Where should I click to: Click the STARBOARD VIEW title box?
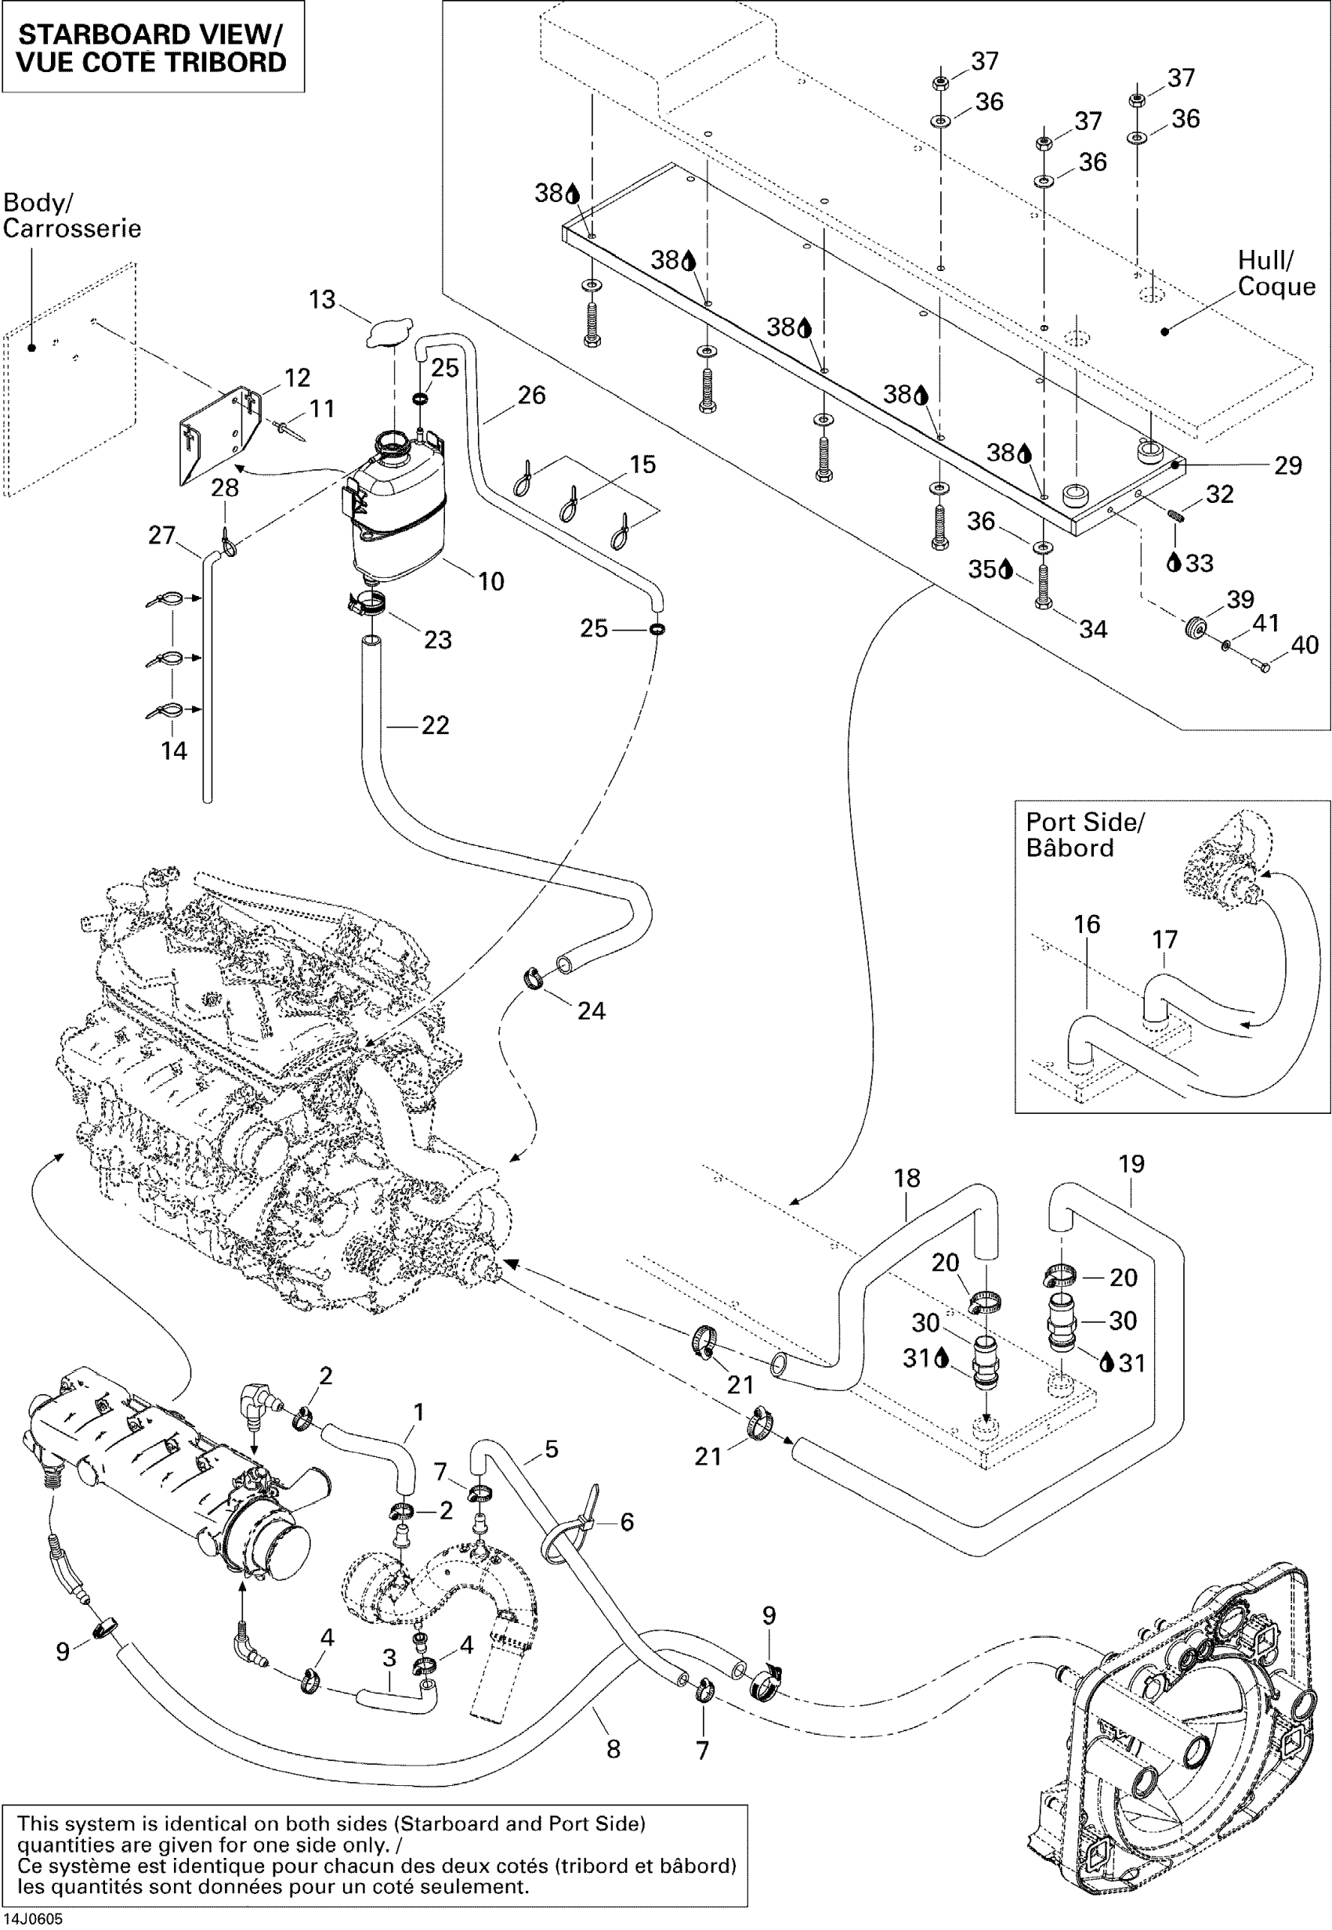click(152, 48)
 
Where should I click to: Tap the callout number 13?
click(322, 299)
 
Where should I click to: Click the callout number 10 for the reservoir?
click(490, 582)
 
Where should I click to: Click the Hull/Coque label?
click(1276, 273)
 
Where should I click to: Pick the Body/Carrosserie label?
click(72, 215)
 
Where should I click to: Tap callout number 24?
click(591, 1010)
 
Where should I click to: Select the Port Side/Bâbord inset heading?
click(1084, 835)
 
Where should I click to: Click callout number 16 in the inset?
click(1087, 923)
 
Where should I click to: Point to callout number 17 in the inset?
click(1164, 940)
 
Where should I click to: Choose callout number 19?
click(1131, 1164)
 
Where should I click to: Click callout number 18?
click(907, 1178)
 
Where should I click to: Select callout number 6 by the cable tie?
click(627, 1522)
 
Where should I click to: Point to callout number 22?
click(435, 725)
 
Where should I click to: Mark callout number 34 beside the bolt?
click(1092, 629)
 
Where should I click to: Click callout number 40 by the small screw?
click(1305, 645)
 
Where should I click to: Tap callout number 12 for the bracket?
click(297, 378)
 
